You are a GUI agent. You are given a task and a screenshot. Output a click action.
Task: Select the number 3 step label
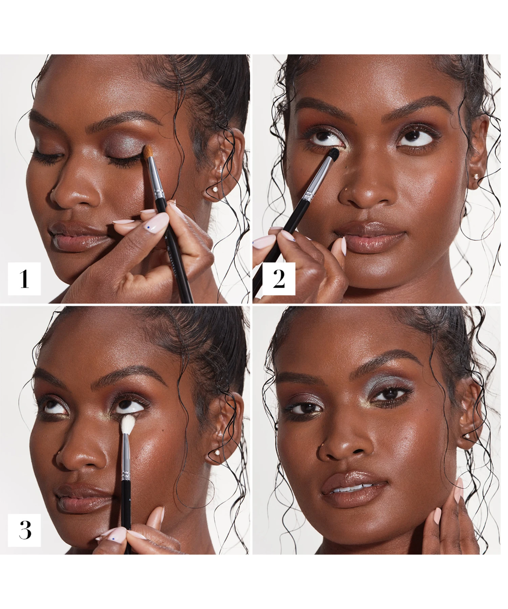pos(25,530)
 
